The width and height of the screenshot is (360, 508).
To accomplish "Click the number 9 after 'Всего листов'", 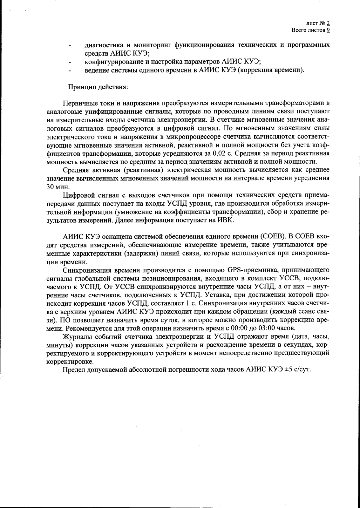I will [x=328, y=30].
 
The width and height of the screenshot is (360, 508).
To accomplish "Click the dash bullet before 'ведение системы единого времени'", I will [x=70, y=71].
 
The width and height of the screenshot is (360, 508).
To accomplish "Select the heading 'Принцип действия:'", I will [x=97, y=87].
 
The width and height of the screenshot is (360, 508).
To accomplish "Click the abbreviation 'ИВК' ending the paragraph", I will [x=227, y=220].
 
